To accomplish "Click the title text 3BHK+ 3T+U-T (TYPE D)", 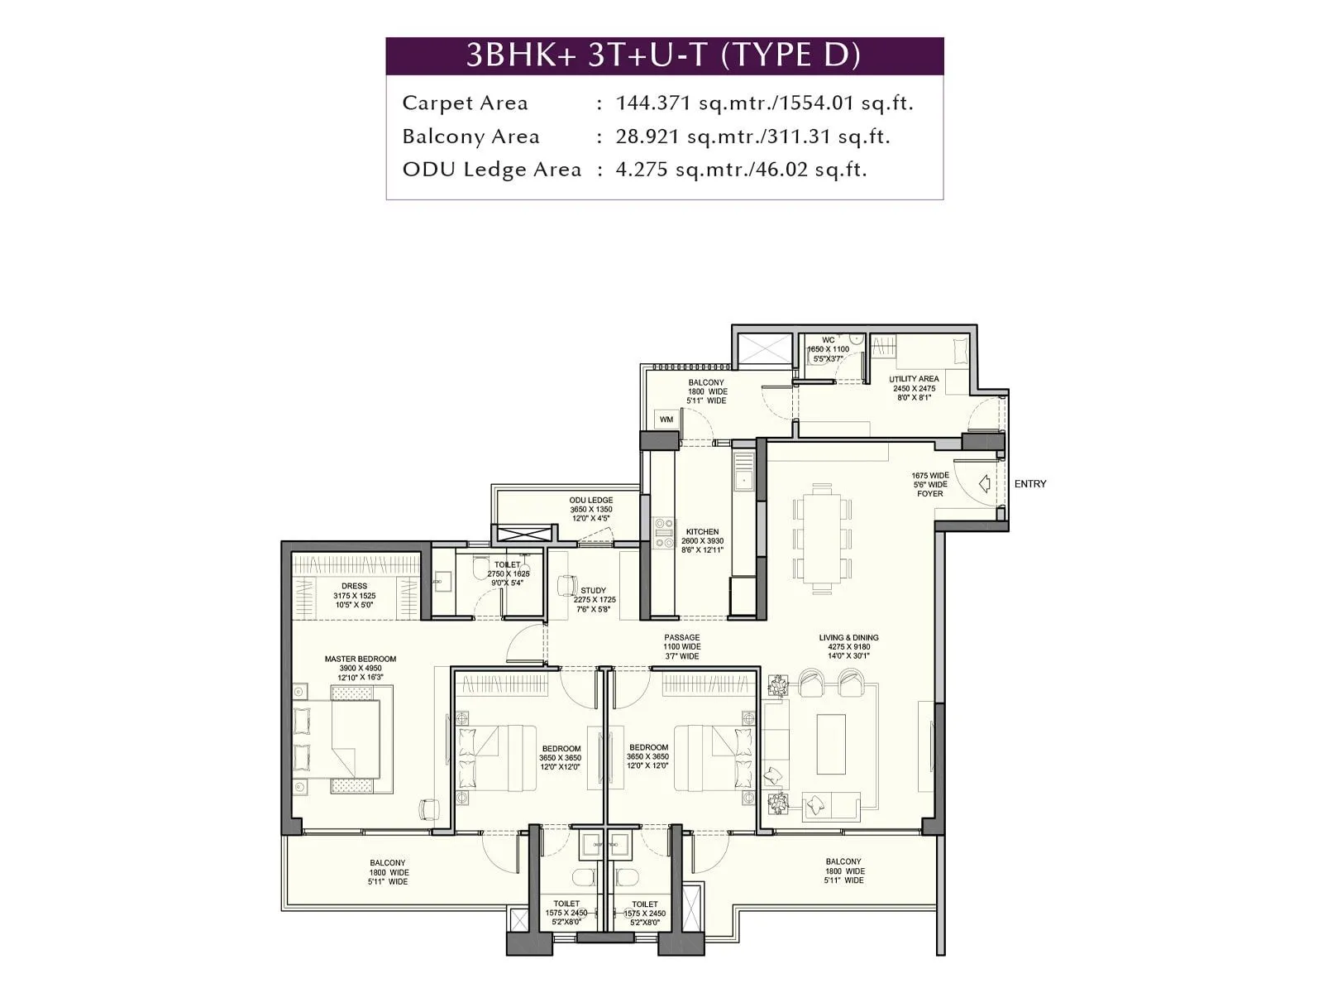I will pos(664,55).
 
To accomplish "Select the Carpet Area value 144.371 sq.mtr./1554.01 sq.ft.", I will pos(764,103).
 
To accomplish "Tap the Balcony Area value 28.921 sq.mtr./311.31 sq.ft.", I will pos(752,137).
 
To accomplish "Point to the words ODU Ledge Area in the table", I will pos(491,170).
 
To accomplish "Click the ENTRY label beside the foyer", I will pos(1029,484).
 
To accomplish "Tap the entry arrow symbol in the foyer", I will pos(984,484).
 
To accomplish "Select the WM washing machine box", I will pos(666,420).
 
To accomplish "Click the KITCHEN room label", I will pos(702,532).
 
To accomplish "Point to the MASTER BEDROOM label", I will pos(360,660).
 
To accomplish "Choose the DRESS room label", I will pos(354,586).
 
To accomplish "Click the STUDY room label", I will pos(593,591).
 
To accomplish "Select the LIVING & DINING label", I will pos(848,638).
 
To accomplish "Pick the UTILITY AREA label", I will pos(914,379).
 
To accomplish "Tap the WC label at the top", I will pos(828,340).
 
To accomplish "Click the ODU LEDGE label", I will pos(590,501).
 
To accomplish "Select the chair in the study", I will pos(566,585).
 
